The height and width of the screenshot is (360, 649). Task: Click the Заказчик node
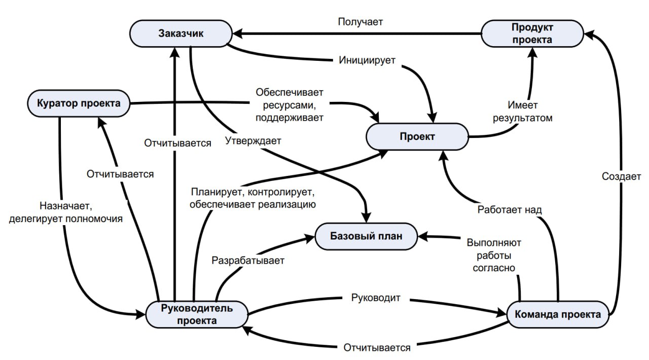point(181,34)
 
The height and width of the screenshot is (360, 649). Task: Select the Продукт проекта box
point(531,33)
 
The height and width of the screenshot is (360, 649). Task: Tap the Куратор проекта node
point(78,103)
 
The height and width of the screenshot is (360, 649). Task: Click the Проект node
point(417,136)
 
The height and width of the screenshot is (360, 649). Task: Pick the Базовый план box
point(366,236)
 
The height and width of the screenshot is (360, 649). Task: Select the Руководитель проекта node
point(197,314)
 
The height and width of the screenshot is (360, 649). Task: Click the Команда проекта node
point(557,314)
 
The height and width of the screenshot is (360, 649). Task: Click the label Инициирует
point(367,60)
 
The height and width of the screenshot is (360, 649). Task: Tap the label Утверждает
point(253,141)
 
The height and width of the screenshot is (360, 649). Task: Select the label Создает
point(621,176)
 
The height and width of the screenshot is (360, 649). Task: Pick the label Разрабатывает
point(248,260)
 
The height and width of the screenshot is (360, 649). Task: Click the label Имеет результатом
point(530,112)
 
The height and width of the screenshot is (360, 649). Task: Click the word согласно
point(494,268)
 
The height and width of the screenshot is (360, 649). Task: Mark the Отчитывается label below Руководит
point(377,348)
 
